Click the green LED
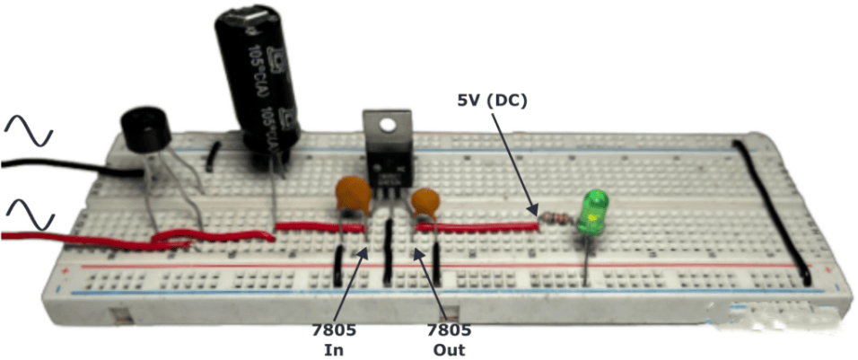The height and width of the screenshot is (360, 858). point(592,212)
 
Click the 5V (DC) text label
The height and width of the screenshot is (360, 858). point(492,101)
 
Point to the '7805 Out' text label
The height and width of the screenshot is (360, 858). point(445,336)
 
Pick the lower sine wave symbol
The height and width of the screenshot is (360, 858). point(30,215)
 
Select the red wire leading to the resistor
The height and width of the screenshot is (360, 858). point(476,226)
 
